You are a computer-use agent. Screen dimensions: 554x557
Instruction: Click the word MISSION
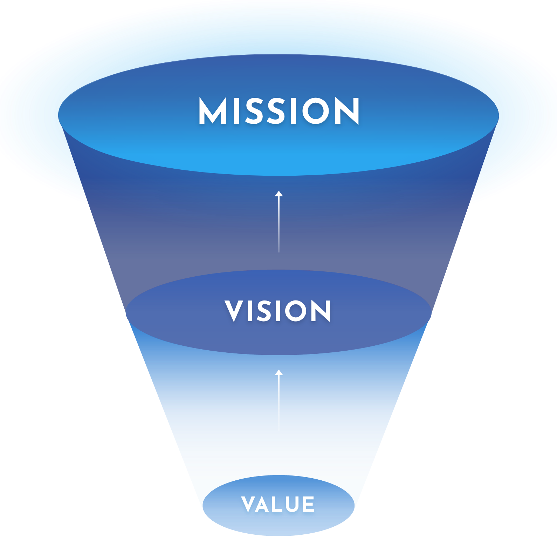coord(279,111)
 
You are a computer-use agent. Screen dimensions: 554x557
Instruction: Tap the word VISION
coord(278,311)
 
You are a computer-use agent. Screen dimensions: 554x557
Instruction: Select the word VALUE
coord(278,505)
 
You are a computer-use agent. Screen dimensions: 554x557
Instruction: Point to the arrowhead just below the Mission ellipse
coord(279,194)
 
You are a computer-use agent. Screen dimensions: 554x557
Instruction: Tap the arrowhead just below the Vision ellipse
coord(279,372)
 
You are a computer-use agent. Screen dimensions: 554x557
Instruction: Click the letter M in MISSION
coord(212,111)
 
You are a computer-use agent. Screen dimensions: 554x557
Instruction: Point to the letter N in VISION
coord(321,311)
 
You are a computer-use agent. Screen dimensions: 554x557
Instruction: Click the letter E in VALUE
coord(308,505)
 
